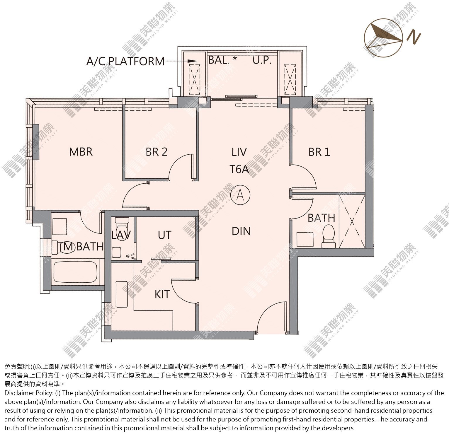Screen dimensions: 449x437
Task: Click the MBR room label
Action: (81, 152)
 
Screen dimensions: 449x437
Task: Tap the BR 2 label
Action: (157, 152)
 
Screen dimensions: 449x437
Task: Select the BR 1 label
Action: (319, 152)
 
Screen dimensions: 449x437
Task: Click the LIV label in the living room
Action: (239, 152)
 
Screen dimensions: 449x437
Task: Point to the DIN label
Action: (241, 231)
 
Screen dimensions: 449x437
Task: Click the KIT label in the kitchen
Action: (162, 294)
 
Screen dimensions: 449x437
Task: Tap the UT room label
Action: (164, 235)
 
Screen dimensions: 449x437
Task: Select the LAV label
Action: (121, 235)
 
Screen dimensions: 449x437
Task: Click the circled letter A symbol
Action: (241, 194)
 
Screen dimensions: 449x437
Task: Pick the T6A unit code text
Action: (239, 169)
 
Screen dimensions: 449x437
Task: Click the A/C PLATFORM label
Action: (125, 61)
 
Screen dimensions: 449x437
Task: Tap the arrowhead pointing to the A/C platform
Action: (192, 61)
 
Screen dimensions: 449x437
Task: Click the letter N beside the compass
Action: (414, 37)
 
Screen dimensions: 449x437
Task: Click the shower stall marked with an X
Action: (352, 221)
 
